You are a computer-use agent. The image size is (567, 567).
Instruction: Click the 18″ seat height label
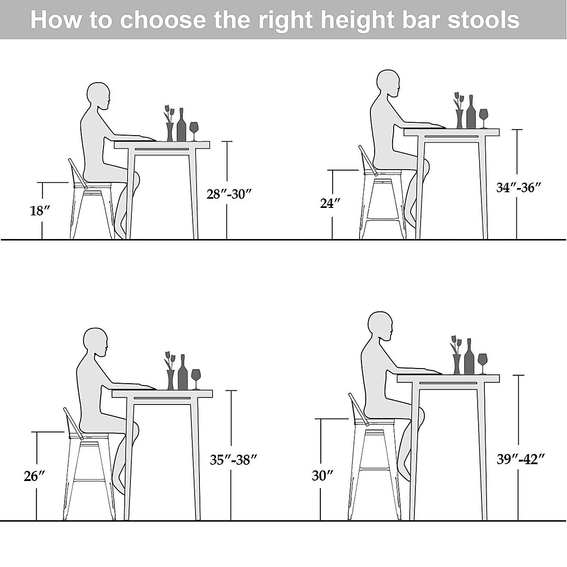(40, 211)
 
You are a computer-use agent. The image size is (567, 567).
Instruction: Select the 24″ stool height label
(330, 203)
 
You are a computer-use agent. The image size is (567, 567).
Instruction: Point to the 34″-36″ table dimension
(518, 187)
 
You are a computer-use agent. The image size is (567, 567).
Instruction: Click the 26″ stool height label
(34, 476)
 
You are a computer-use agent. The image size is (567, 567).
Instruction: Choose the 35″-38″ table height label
(234, 459)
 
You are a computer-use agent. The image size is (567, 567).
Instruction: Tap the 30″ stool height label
(323, 475)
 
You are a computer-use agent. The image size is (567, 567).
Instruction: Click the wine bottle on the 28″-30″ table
(181, 125)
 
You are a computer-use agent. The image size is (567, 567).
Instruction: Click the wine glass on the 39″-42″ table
(482, 362)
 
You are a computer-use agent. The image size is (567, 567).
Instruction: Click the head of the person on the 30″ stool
(380, 326)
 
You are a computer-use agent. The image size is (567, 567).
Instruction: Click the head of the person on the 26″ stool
(95, 342)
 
